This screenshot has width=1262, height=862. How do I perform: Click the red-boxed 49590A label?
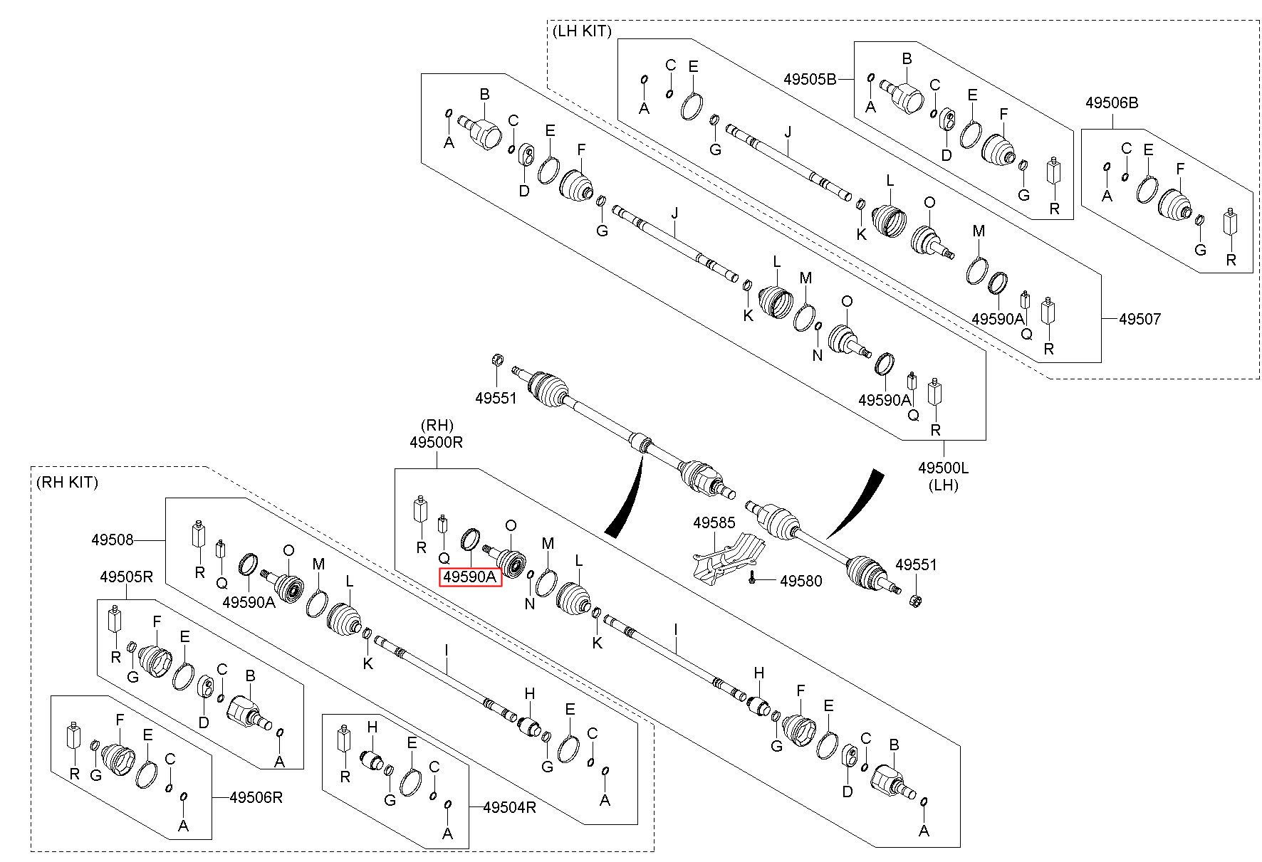470,577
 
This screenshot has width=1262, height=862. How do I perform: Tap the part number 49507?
1140,319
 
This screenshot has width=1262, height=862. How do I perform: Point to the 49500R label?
437,442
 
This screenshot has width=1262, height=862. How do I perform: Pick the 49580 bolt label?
801,581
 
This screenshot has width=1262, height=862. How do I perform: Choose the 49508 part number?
113,540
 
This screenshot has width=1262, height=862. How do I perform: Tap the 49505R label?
126,577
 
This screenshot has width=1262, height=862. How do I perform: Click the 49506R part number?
256,797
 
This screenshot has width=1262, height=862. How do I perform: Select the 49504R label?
509,807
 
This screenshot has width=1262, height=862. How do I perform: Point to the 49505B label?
810,79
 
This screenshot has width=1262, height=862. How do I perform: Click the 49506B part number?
1112,103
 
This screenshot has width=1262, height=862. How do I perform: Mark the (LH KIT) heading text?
582,31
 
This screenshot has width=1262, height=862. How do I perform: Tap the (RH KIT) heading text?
67,482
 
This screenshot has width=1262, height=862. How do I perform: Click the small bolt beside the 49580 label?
753,580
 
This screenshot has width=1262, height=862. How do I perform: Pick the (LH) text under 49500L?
944,485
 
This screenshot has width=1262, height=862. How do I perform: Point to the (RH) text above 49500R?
437,425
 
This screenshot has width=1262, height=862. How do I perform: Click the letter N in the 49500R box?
529,604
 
